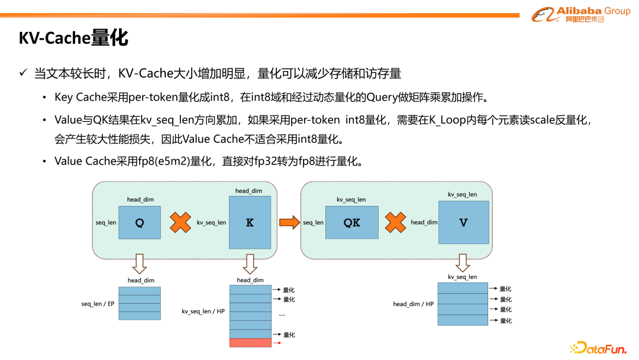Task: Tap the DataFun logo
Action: (x=598, y=348)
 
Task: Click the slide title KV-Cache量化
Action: (x=73, y=38)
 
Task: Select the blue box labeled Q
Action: (x=140, y=223)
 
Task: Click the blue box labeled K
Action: (x=250, y=223)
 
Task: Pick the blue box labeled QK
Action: (x=351, y=223)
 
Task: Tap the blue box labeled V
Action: (x=463, y=223)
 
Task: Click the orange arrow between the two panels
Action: (x=289, y=223)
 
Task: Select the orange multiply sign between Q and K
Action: (x=180, y=223)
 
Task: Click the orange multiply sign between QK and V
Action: (x=395, y=223)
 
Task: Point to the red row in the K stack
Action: (x=250, y=343)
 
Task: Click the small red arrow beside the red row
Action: (x=277, y=343)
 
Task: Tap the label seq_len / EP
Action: (x=98, y=304)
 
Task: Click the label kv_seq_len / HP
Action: (x=203, y=311)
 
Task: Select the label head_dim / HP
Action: (x=413, y=304)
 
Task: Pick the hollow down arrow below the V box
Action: (x=463, y=262)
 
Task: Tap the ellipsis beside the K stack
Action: (x=282, y=314)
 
